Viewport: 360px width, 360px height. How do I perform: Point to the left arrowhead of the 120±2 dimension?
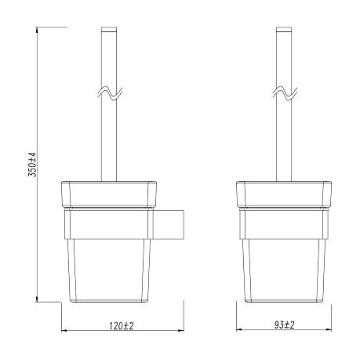(64, 330)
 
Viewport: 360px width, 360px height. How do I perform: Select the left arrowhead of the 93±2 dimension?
(238, 330)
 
